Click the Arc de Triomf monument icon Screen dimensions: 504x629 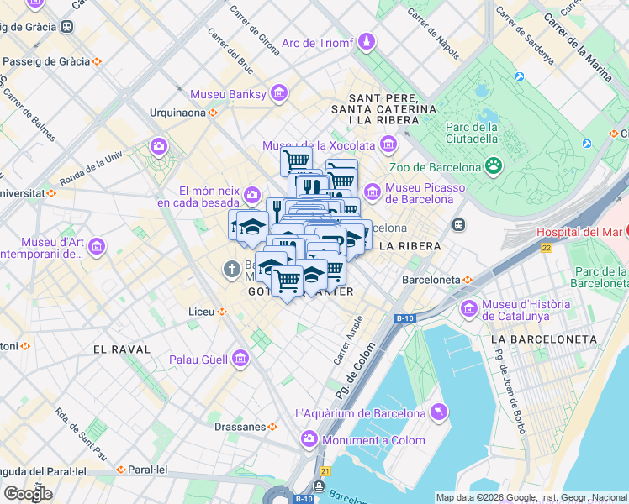367,42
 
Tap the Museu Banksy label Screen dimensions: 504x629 228,93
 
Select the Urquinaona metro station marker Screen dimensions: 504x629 214,112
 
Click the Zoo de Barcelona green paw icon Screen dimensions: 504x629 494,166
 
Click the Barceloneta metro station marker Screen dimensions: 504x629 468,279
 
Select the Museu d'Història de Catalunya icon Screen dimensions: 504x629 468,310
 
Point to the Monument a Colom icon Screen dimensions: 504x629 309,439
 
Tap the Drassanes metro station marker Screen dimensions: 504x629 272,426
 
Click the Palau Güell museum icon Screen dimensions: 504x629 240,360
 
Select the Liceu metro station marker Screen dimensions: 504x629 222,312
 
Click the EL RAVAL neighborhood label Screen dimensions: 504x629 122,349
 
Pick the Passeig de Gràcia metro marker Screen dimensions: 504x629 98,61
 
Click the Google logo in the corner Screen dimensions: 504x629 28,493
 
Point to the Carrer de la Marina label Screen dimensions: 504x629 579,49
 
